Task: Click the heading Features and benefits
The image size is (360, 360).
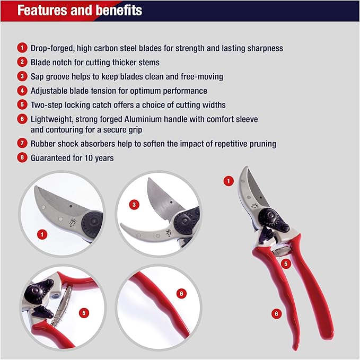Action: (x=80, y=11)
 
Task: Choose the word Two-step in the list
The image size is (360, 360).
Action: (x=47, y=105)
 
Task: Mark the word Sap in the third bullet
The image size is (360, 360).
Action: (x=38, y=76)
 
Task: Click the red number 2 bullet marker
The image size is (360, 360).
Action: (x=22, y=62)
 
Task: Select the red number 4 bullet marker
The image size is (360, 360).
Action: (x=22, y=91)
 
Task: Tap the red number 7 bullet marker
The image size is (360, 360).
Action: (x=22, y=144)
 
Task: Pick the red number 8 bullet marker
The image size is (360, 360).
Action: (x=22, y=158)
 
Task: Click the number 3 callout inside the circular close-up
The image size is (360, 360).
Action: (x=135, y=204)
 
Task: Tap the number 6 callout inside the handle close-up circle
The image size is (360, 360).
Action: (x=181, y=293)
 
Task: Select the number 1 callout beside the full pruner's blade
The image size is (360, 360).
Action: (x=229, y=181)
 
